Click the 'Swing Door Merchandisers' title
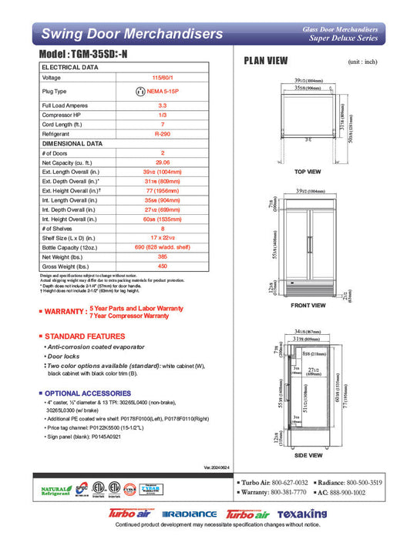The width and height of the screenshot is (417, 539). pos(132,34)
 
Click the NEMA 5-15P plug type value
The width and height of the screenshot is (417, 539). pos(163,91)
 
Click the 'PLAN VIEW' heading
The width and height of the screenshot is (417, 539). pos(266,61)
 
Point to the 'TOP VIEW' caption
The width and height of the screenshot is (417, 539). pos(308,172)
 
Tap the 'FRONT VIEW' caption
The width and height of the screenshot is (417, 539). pos(308,306)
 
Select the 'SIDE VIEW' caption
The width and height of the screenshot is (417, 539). pos(308,455)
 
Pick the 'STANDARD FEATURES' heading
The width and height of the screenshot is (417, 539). pos(79,336)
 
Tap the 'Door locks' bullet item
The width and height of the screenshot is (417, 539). pos(66,357)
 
